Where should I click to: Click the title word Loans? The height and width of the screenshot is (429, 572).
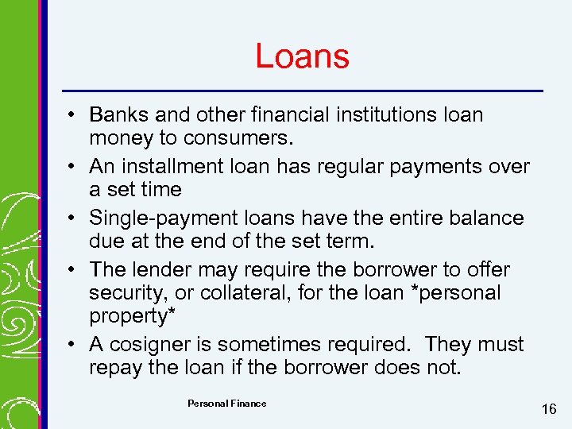point(302,56)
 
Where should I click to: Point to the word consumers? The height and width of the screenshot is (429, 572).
point(239,138)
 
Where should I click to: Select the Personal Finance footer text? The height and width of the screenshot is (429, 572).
point(227,404)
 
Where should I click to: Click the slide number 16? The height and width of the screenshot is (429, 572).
point(548,409)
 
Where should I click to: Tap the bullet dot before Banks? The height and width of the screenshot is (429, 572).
point(71,116)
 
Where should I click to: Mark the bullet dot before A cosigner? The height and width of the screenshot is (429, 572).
point(71,346)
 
